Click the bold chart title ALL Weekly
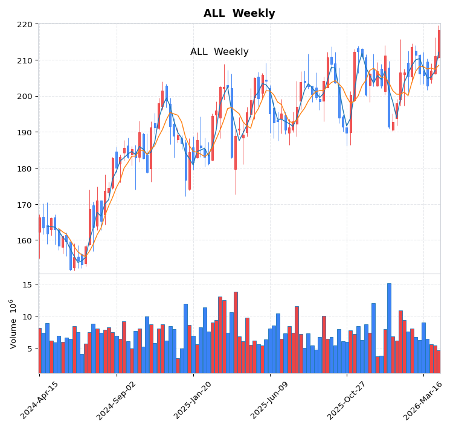(239, 14)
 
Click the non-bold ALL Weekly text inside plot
(219, 52)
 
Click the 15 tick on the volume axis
(28, 284)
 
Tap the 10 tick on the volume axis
(28, 316)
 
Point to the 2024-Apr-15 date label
(40, 400)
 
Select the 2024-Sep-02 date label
(117, 400)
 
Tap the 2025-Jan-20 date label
(193, 400)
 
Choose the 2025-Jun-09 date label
(270, 400)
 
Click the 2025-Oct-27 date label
(347, 400)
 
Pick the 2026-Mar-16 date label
(423, 400)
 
